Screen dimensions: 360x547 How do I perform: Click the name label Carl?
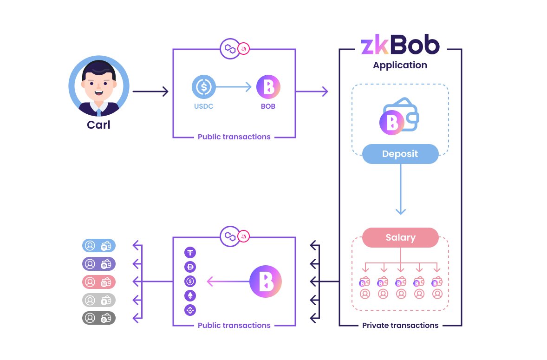click(x=98, y=124)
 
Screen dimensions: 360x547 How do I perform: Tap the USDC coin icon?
click(x=204, y=87)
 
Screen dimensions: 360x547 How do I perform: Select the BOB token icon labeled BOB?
click(x=268, y=87)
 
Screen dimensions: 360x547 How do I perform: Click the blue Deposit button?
click(x=400, y=154)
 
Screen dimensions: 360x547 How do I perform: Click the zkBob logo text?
click(x=400, y=46)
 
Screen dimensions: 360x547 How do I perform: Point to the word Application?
click(x=400, y=65)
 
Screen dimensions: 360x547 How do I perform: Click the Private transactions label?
click(x=400, y=325)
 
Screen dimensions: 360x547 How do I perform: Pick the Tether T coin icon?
click(x=190, y=253)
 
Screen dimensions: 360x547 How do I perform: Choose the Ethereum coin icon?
click(x=190, y=295)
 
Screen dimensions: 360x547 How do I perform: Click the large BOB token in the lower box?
click(x=266, y=281)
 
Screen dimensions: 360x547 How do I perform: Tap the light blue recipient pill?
click(x=98, y=245)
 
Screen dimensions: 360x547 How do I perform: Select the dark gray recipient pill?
click(x=98, y=318)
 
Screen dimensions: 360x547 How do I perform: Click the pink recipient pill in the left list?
click(x=98, y=282)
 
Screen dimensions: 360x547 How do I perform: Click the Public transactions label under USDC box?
click(x=234, y=137)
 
